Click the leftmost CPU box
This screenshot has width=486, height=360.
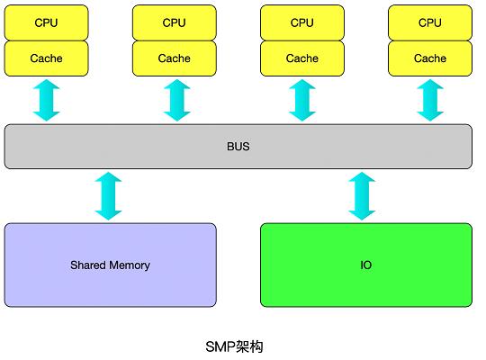pos(46,22)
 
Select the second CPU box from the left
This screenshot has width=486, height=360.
pos(175,22)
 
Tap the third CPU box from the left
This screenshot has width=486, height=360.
pos(302,22)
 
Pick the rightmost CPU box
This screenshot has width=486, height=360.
pos(430,22)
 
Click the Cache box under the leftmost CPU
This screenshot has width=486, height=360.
pos(46,58)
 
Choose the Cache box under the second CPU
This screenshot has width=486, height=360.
pos(175,58)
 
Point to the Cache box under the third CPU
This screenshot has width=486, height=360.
pos(302,58)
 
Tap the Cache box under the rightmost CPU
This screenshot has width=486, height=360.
pos(430,58)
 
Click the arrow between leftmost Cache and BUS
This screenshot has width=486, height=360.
pos(46,100)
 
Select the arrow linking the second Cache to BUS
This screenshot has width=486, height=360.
pos(177,100)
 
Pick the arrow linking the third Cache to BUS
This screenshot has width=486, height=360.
pos(302,100)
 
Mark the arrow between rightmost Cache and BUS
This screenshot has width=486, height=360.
pos(430,100)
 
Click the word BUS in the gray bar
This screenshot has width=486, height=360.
pos(238,147)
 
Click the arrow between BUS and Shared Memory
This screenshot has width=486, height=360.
pos(109,196)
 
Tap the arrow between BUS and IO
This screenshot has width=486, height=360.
pos(362,196)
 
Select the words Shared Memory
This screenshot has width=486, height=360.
pos(110,265)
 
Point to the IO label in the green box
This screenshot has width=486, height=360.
pos(366,265)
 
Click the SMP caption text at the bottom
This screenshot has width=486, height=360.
pos(234,346)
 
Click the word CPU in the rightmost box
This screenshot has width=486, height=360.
pos(430,22)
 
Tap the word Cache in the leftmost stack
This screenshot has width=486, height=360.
pos(46,58)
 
